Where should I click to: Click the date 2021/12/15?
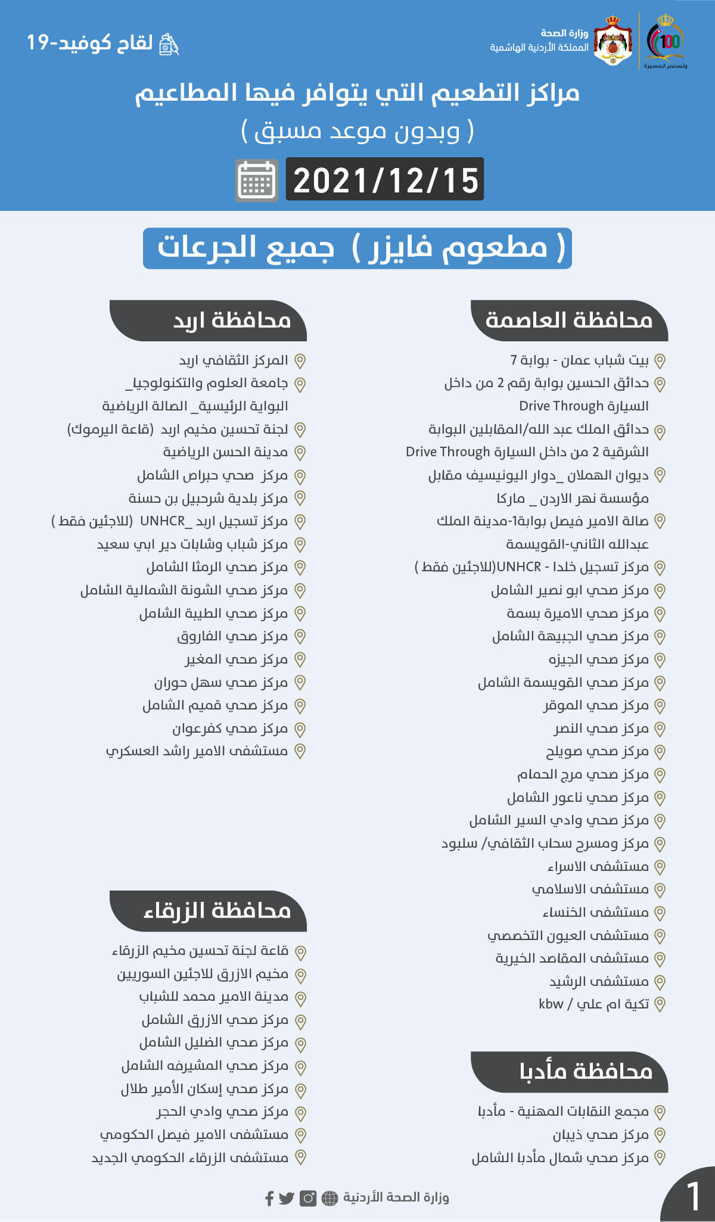[385, 180]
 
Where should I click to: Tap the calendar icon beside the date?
[257, 180]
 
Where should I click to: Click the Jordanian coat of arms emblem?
[613, 42]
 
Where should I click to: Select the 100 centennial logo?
[666, 42]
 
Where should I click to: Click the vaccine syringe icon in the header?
[168, 44]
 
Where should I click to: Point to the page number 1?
[693, 1196]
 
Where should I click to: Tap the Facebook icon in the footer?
[270, 1198]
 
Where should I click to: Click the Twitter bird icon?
[287, 1198]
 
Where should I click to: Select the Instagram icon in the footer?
[308, 1198]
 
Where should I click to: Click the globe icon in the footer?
[330, 1198]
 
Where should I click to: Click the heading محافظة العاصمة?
[569, 320]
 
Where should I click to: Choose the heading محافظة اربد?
[232, 320]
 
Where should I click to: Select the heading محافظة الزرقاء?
[217, 910]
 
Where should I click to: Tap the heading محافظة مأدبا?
[586, 1072]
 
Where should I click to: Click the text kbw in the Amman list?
[551, 1004]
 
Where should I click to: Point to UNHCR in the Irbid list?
[162, 521]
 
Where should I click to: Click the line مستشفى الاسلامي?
[590, 889]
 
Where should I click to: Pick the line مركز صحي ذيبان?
[600, 1135]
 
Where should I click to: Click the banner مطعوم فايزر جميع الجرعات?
[357, 248]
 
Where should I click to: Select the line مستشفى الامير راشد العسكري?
[197, 751]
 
